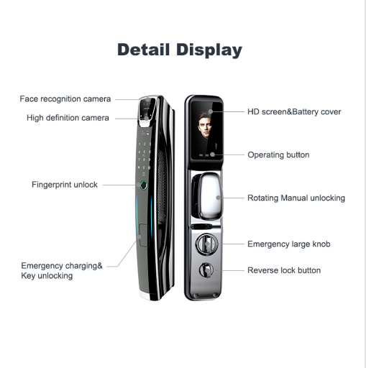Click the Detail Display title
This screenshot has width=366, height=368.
(x=180, y=50)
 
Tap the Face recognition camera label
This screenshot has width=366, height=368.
(x=65, y=98)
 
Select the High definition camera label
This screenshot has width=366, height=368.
(x=68, y=118)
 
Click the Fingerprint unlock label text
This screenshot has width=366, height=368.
(x=65, y=185)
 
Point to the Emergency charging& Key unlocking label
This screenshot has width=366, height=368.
(x=62, y=271)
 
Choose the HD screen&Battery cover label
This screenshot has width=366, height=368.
(x=294, y=111)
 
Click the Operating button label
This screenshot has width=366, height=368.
(x=278, y=155)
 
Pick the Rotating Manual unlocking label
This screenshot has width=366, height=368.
(x=296, y=198)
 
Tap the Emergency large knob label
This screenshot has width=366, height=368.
(x=289, y=244)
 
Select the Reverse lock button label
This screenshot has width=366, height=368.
(x=284, y=270)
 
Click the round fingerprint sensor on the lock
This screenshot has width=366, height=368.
(x=143, y=185)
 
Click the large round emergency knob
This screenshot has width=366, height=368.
(x=207, y=244)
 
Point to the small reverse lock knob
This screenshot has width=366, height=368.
(x=206, y=270)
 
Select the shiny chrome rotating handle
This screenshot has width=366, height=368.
(x=208, y=195)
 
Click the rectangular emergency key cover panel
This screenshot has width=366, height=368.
(x=143, y=235)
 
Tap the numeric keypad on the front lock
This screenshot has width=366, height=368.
(x=145, y=156)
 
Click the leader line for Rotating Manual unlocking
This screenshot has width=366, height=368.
(x=232, y=198)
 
